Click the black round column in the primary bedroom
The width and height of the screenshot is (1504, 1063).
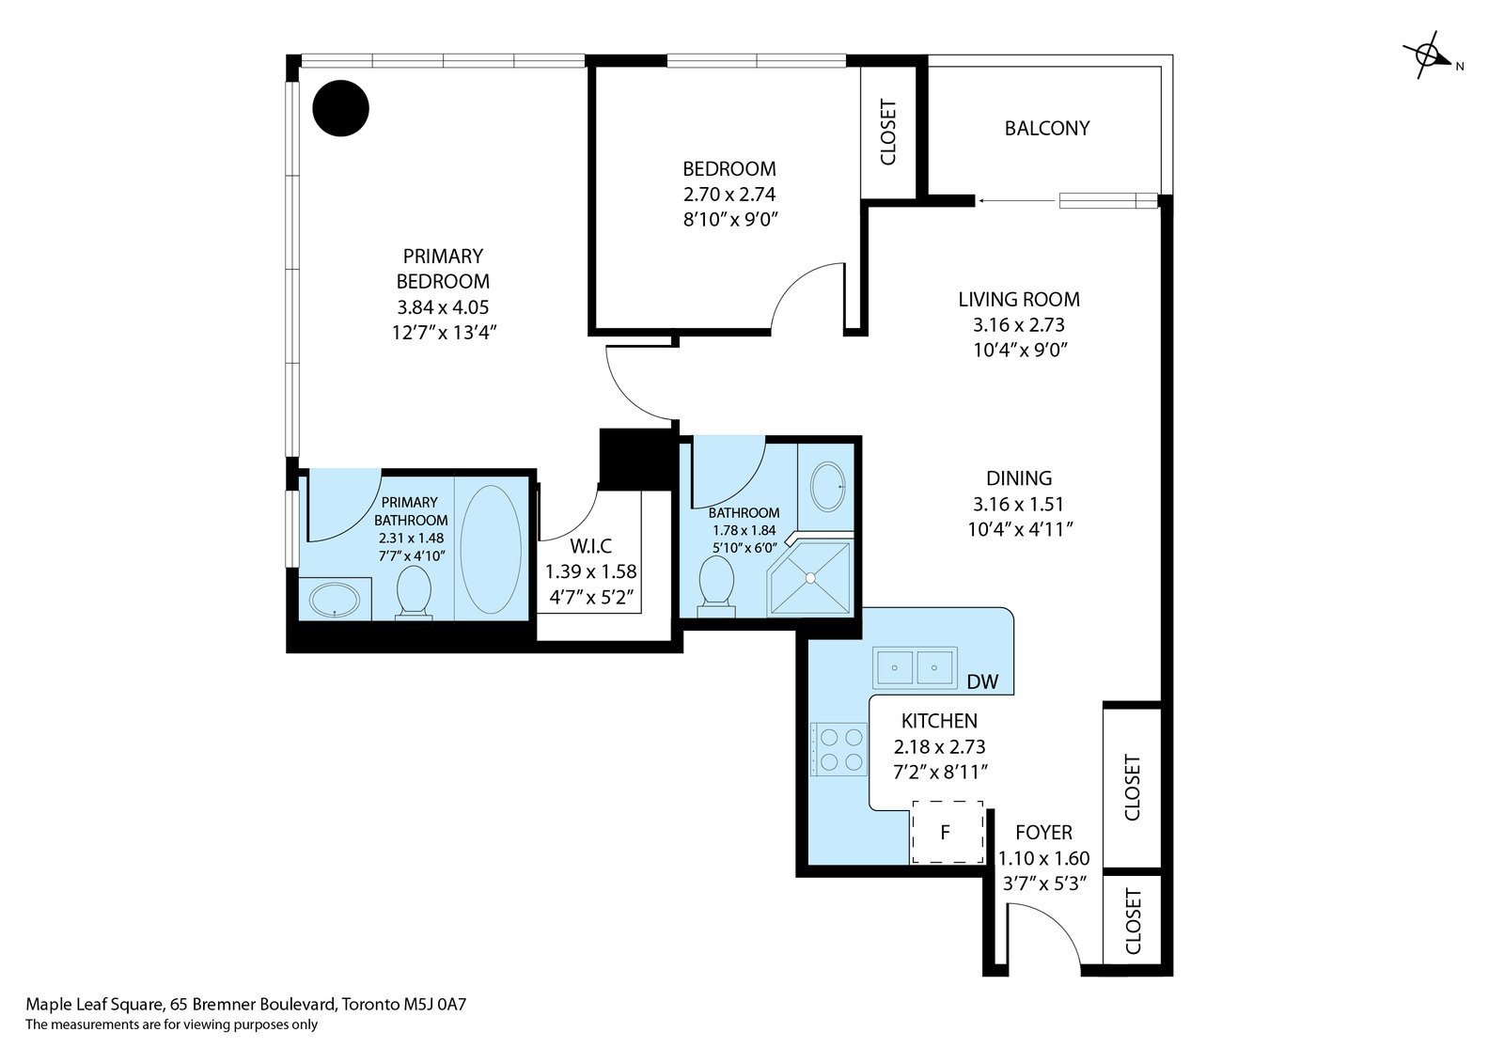tap(340, 108)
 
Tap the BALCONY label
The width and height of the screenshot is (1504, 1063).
tap(1047, 128)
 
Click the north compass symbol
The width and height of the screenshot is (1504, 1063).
tap(1429, 55)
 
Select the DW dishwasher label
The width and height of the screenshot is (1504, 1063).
tap(982, 682)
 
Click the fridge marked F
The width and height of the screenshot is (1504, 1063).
tap(947, 833)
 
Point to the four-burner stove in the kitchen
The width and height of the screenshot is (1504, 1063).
tap(839, 749)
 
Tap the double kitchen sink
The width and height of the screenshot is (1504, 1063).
tap(915, 668)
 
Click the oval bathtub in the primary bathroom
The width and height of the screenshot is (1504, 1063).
tap(490, 549)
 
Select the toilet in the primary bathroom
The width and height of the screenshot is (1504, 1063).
tap(414, 592)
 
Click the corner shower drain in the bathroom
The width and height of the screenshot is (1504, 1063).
tap(810, 577)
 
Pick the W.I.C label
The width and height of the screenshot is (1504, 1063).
tap(590, 546)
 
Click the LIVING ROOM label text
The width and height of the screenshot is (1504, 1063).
tap(1019, 300)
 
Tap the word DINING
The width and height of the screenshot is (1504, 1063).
tap(1019, 478)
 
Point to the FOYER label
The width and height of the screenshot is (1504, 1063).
tap(1043, 833)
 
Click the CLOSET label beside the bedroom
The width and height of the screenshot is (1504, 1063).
tap(887, 133)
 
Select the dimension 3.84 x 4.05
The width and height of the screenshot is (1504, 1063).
tap(443, 307)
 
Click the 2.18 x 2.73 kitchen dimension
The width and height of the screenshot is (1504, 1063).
tap(939, 746)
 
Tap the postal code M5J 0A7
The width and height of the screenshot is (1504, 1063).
tap(434, 1005)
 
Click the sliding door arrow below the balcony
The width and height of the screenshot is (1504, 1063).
tap(1016, 200)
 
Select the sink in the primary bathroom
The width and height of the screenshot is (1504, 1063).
tap(335, 599)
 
